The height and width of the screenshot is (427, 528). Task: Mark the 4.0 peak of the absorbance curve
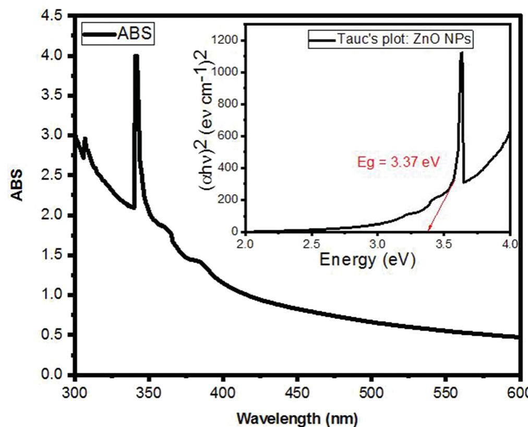click(136, 56)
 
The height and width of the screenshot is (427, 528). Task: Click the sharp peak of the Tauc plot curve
click(461, 53)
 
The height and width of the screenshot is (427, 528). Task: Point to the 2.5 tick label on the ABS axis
click(54, 175)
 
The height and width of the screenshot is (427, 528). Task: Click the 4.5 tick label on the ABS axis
click(54, 16)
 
